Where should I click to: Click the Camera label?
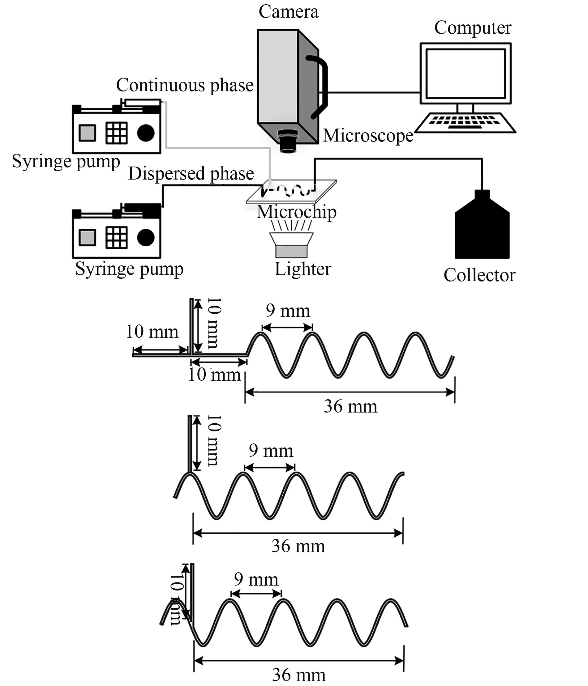coord(288,12)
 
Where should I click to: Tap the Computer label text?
coord(472,28)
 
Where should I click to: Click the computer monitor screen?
coord(466,74)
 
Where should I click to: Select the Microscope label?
coord(368,136)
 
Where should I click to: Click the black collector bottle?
coord(482,228)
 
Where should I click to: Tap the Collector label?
coord(479,275)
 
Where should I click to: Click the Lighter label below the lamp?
coord(303,269)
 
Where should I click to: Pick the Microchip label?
coord(296,212)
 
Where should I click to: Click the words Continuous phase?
coord(185,85)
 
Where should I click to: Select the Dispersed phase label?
coord(191,173)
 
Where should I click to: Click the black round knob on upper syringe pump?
coord(146,133)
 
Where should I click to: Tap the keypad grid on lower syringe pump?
coord(116,237)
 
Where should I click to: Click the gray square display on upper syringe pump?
coord(88,133)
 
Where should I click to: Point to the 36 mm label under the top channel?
coord(350,407)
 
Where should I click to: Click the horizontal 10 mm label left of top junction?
coord(152,332)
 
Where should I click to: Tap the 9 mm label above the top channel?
coord(288,311)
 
